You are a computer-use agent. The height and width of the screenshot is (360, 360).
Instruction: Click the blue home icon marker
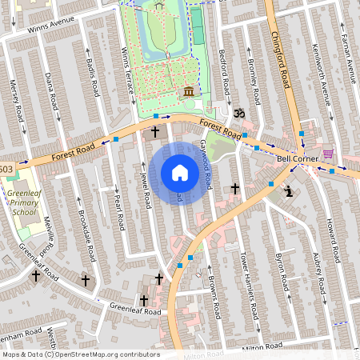[x=180, y=172]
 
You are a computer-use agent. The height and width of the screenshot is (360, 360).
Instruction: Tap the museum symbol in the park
[x=189, y=90]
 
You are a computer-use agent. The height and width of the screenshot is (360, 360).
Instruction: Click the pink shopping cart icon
[x=327, y=154]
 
